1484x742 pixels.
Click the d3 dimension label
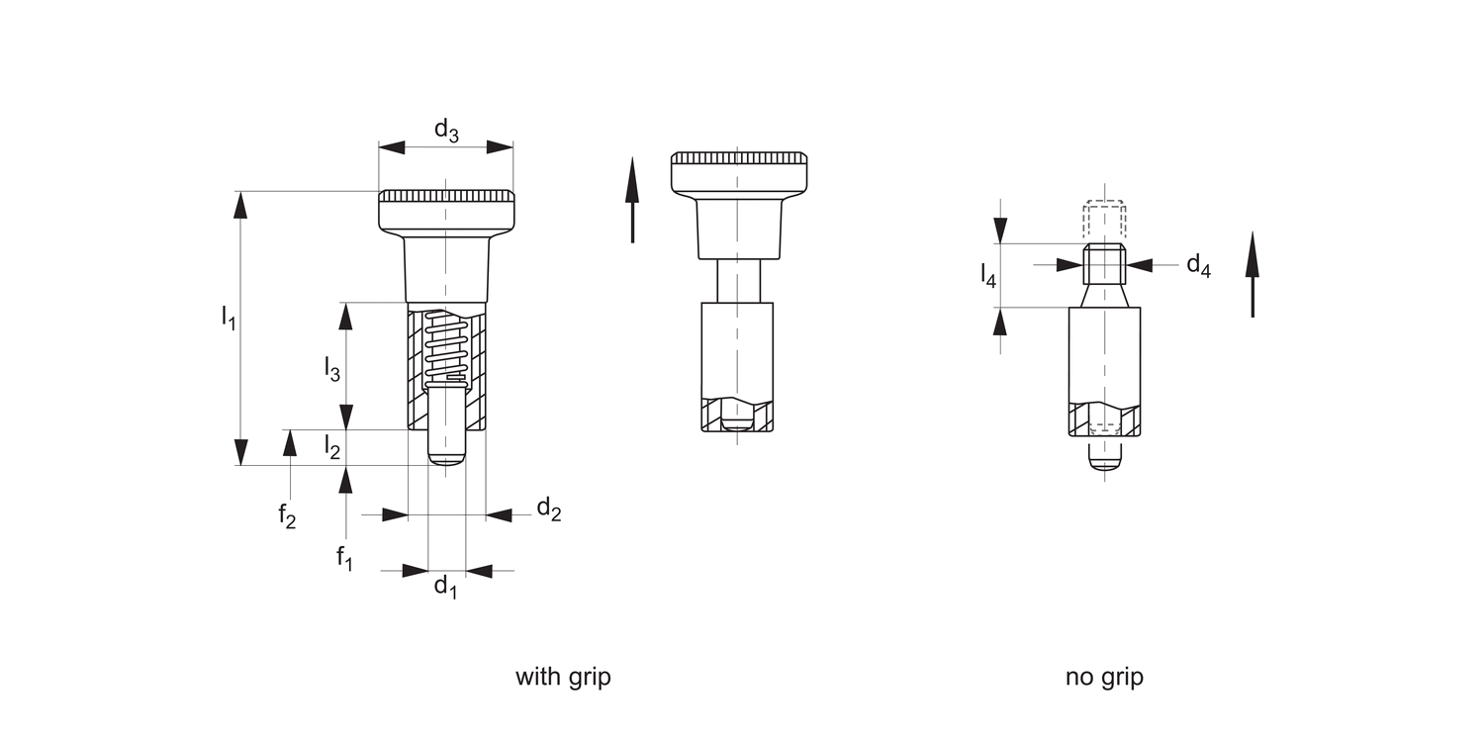[x=447, y=131]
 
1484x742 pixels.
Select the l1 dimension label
[x=229, y=318]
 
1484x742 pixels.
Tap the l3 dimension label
[x=332, y=369]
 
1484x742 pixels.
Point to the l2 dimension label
[x=332, y=446]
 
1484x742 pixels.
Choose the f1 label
[x=344, y=557]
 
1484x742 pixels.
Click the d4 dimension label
[x=1198, y=265]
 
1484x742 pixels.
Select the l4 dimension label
[x=988, y=276]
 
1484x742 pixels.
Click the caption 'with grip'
[x=563, y=677]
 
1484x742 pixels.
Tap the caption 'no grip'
[x=1104, y=677]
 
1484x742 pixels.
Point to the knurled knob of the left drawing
[x=446, y=208]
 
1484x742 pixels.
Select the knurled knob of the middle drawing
[x=739, y=172]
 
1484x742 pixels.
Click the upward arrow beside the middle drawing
[x=632, y=200]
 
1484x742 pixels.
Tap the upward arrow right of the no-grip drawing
[x=1252, y=275]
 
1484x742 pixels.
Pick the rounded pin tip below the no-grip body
[x=1104, y=459]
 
